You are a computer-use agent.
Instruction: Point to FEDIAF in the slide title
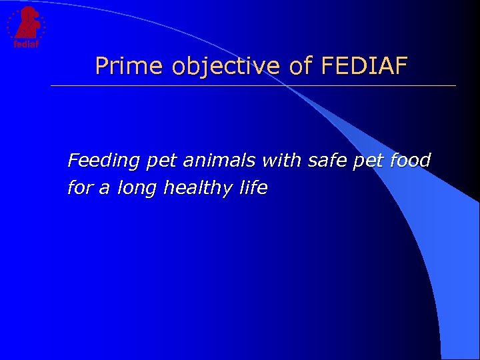(x=364, y=66)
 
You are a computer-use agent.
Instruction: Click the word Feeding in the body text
(x=104, y=161)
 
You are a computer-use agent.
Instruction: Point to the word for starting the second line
(x=80, y=189)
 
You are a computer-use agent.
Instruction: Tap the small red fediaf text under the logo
(x=24, y=44)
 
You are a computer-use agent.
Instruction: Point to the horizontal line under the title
(x=253, y=86)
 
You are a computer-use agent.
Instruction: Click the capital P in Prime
(x=102, y=66)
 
